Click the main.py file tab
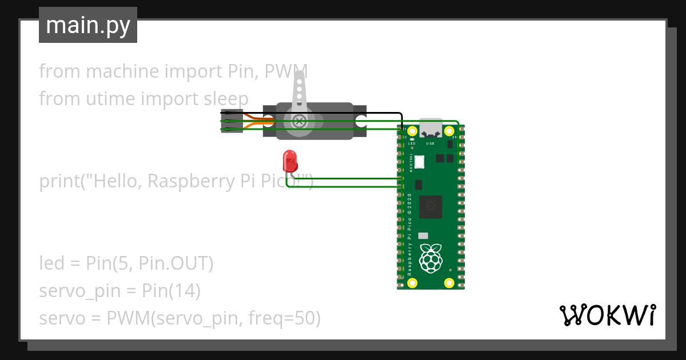tap(87, 25)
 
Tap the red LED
tap(290, 161)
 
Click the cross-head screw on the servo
tap(298, 121)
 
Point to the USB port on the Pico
tap(431, 129)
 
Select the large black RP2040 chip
tap(430, 206)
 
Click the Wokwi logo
tap(607, 315)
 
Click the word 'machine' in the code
tap(123, 71)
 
